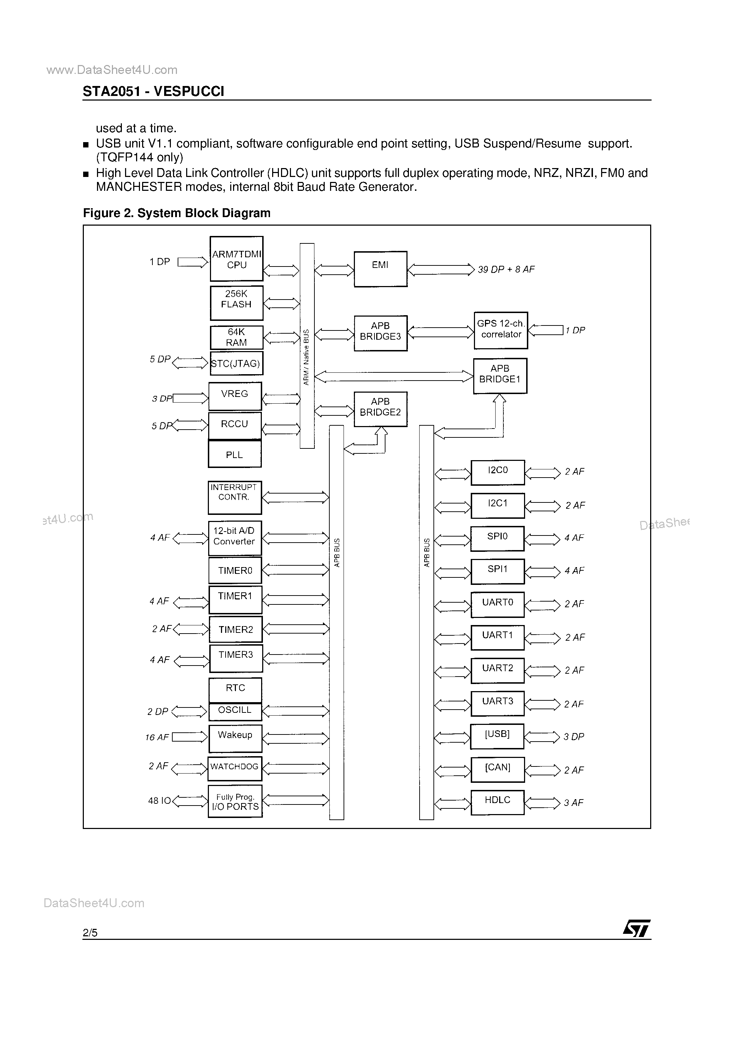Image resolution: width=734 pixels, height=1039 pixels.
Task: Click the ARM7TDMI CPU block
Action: click(236, 259)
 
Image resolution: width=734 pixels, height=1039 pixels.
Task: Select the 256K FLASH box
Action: click(236, 303)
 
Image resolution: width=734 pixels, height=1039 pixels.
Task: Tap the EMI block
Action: click(380, 269)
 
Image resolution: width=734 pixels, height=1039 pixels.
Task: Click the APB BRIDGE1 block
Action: click(500, 376)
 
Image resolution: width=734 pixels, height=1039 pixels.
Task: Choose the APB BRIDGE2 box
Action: click(380, 409)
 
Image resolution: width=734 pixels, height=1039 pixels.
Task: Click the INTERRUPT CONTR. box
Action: click(234, 497)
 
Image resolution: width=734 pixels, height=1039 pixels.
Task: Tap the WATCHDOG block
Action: click(234, 768)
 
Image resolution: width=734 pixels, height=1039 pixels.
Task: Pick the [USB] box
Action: click(497, 736)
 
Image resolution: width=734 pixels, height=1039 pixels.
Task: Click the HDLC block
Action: click(497, 802)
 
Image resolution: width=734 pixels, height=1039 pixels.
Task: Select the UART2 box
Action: click(497, 670)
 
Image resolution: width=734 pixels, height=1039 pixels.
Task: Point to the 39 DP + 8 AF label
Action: click(506, 270)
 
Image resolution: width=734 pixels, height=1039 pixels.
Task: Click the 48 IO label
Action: click(159, 801)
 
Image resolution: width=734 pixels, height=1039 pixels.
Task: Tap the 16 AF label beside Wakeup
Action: click(157, 738)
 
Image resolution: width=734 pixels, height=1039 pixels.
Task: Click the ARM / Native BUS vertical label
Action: click(306, 357)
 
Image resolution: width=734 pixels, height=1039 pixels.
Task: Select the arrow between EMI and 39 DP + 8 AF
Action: click(441, 270)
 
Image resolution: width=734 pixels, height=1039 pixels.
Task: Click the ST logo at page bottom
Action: click(636, 928)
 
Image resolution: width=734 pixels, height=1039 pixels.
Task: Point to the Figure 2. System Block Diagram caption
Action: click(177, 213)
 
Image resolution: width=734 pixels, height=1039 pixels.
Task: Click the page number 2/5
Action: click(90, 933)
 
